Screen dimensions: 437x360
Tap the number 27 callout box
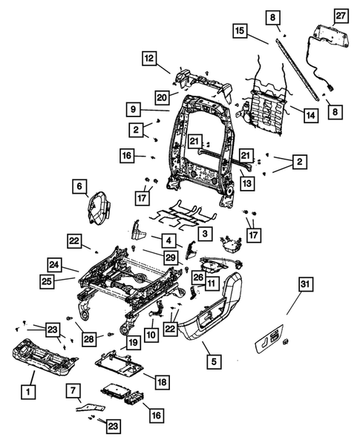pyautogui.click(x=341, y=16)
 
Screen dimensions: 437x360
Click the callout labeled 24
pyautogui.click(x=53, y=264)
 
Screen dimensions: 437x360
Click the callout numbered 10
pyautogui.click(x=151, y=335)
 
